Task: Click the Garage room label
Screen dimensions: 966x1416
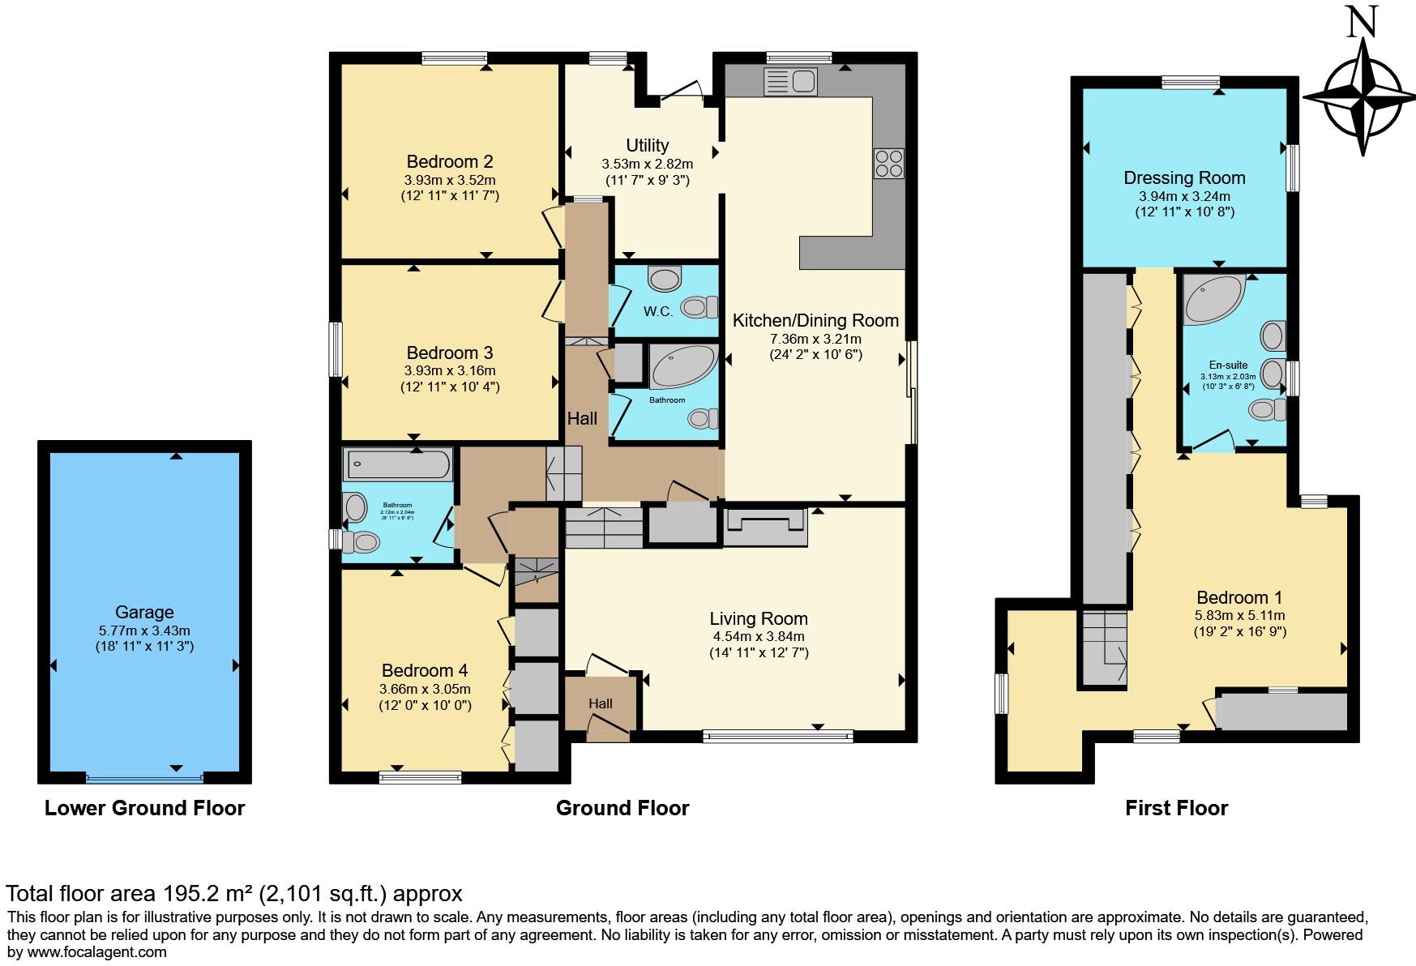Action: point(144,613)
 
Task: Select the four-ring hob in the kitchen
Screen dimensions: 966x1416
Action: point(888,164)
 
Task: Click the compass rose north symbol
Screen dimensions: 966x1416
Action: point(1363,96)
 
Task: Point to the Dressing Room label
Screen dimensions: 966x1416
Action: point(1184,177)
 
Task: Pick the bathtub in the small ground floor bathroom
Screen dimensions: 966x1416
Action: point(398,465)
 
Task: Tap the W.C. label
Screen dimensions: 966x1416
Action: point(658,311)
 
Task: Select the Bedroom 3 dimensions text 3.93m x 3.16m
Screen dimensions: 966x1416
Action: point(450,371)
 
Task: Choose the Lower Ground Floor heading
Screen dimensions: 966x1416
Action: point(144,808)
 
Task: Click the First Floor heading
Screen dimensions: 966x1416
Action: point(1176,808)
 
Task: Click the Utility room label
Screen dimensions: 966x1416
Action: point(647,145)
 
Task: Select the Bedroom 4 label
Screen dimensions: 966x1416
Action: point(425,671)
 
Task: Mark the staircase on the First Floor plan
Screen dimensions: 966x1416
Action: point(1103,648)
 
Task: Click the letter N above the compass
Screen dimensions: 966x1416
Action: point(1362,23)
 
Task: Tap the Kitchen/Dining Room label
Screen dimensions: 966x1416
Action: point(815,320)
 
